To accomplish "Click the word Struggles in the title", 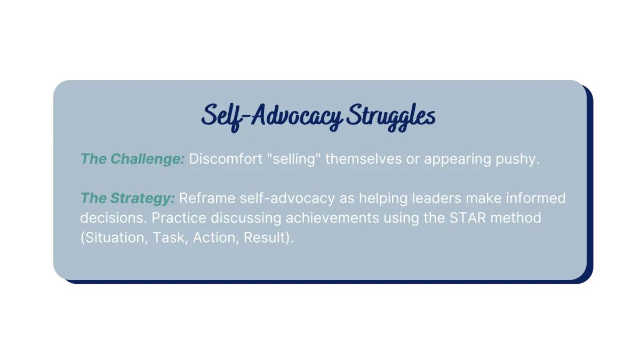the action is pyautogui.click(x=391, y=117).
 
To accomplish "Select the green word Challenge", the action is pyautogui.click(x=148, y=159).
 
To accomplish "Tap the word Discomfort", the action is pyautogui.click(x=226, y=159).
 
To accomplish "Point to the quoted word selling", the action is pyautogui.click(x=294, y=159).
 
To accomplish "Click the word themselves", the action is pyautogui.click(x=363, y=159).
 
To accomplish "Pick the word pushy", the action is pyautogui.click(x=517, y=159).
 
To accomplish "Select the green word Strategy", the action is pyautogui.click(x=142, y=198).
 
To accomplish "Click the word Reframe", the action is pyautogui.click(x=207, y=198).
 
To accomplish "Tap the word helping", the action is pyautogui.click(x=383, y=198).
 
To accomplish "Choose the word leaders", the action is pyautogui.click(x=437, y=198).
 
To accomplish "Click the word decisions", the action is pyautogui.click(x=114, y=218).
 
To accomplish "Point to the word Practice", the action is pyautogui.click(x=179, y=218).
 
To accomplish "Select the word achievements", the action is pyautogui.click(x=332, y=218).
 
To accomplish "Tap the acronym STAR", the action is pyautogui.click(x=468, y=218).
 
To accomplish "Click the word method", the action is pyautogui.click(x=516, y=218).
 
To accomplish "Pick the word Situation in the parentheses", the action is pyautogui.click(x=114, y=238).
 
